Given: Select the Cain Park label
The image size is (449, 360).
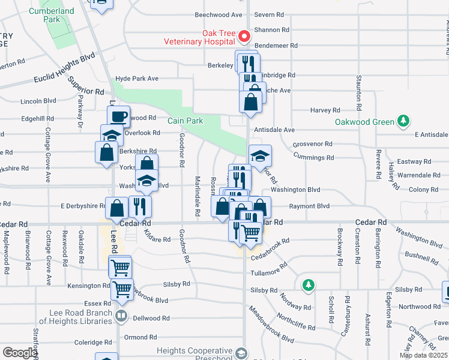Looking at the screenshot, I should tap(185, 121).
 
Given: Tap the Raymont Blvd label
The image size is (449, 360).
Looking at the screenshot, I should tap(309, 206).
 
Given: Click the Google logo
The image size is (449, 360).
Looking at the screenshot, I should tap(20, 353).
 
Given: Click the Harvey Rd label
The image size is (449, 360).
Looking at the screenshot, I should tap(325, 110).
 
